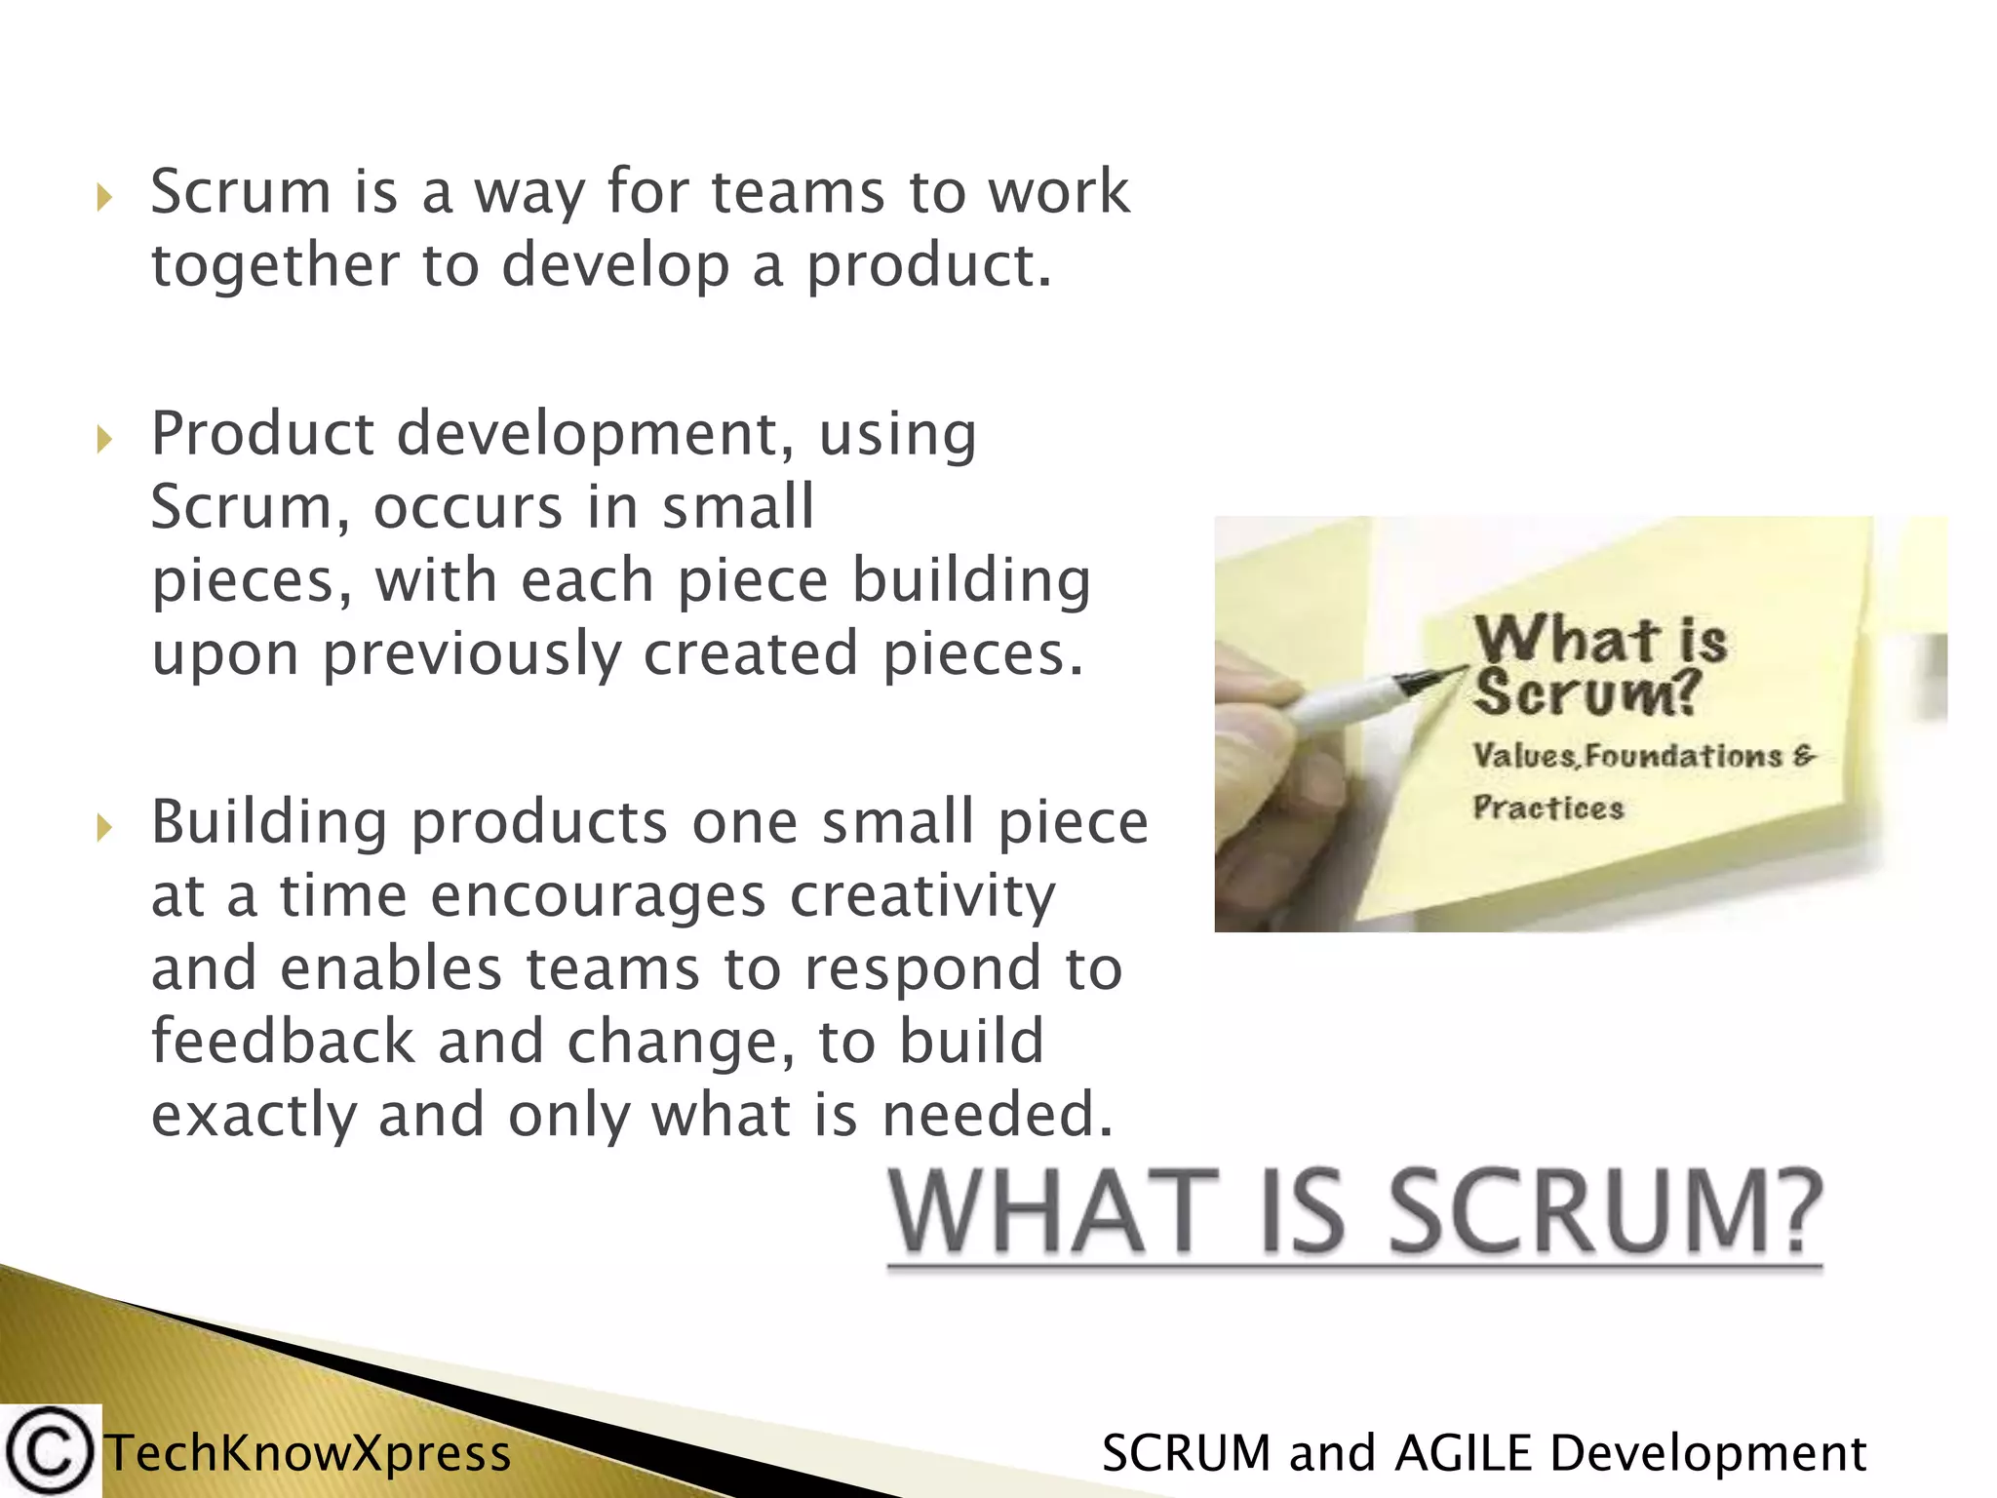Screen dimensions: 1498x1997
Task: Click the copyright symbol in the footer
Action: click(49, 1451)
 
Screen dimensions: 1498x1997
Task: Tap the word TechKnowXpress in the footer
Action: click(308, 1453)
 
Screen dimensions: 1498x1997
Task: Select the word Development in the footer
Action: click(1707, 1453)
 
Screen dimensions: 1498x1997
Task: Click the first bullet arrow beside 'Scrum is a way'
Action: click(105, 198)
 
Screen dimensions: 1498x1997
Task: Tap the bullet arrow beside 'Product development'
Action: click(105, 440)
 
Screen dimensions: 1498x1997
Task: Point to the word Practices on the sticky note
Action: click(1547, 808)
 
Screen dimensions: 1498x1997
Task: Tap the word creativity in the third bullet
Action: click(922, 896)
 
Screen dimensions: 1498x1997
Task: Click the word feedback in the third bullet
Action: click(283, 1041)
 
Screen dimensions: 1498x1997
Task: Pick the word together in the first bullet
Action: click(275, 266)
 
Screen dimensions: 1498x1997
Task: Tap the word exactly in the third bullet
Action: click(254, 1116)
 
